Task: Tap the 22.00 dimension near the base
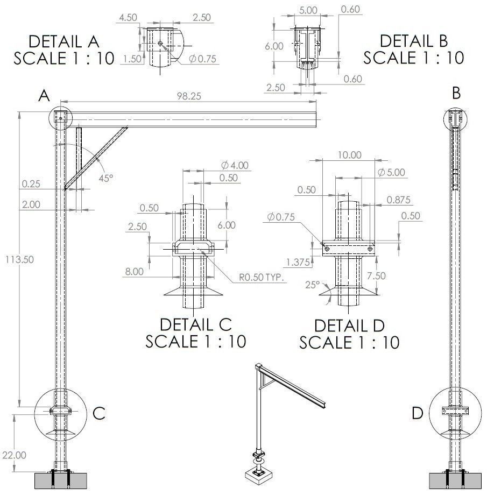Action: point(13,455)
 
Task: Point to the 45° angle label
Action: point(105,178)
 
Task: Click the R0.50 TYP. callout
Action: point(262,278)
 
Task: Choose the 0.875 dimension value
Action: point(398,200)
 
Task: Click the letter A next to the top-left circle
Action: point(44,96)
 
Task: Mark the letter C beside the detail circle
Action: point(98,413)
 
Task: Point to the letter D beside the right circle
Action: point(418,413)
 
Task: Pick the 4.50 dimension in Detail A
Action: point(128,17)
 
